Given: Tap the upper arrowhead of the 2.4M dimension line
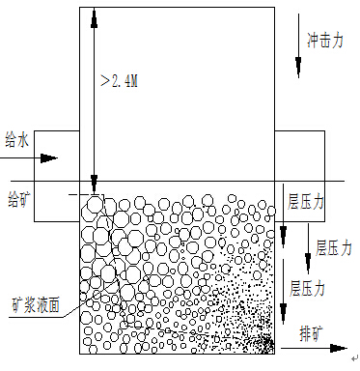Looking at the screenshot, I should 94,14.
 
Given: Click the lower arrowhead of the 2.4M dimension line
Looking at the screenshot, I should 94,184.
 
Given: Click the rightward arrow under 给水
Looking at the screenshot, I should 42,157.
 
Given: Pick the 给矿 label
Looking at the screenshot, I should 18,200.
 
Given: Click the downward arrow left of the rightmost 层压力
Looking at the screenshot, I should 309,238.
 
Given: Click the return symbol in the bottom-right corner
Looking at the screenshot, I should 352,355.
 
